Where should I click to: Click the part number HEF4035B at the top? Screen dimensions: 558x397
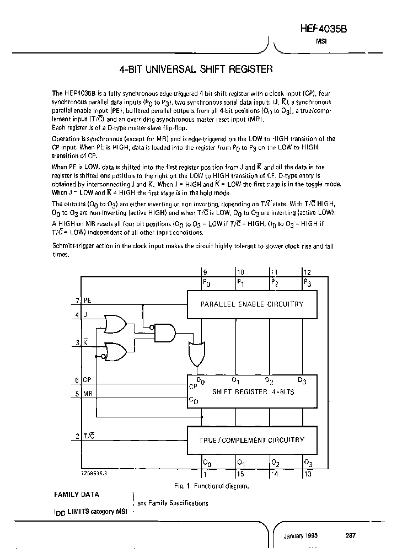[x=337, y=29]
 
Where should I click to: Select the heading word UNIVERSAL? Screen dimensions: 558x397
[x=171, y=70]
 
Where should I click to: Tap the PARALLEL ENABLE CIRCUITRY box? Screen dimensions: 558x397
[x=251, y=304]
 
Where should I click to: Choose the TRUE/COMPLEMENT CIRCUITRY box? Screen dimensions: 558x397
[x=251, y=440]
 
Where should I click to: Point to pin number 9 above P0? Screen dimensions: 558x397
[x=205, y=272]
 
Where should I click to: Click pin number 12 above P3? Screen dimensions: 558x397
[x=307, y=272]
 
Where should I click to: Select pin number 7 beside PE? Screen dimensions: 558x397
[x=78, y=301]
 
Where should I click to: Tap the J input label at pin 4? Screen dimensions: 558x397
[x=85, y=315]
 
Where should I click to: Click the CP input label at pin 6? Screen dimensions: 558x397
[x=87, y=380]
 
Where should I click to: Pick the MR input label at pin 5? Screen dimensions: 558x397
[x=88, y=394]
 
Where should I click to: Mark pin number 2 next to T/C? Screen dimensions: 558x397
[x=78, y=436]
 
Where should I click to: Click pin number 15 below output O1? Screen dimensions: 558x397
[x=240, y=473]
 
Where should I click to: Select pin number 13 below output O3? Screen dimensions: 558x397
[x=307, y=473]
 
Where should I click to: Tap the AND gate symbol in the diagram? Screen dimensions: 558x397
[x=165, y=332]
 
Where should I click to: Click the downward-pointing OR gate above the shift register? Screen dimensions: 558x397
[x=196, y=353]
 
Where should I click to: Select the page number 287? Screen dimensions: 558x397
[x=351, y=535]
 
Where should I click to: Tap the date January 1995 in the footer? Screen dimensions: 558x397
[x=301, y=535]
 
